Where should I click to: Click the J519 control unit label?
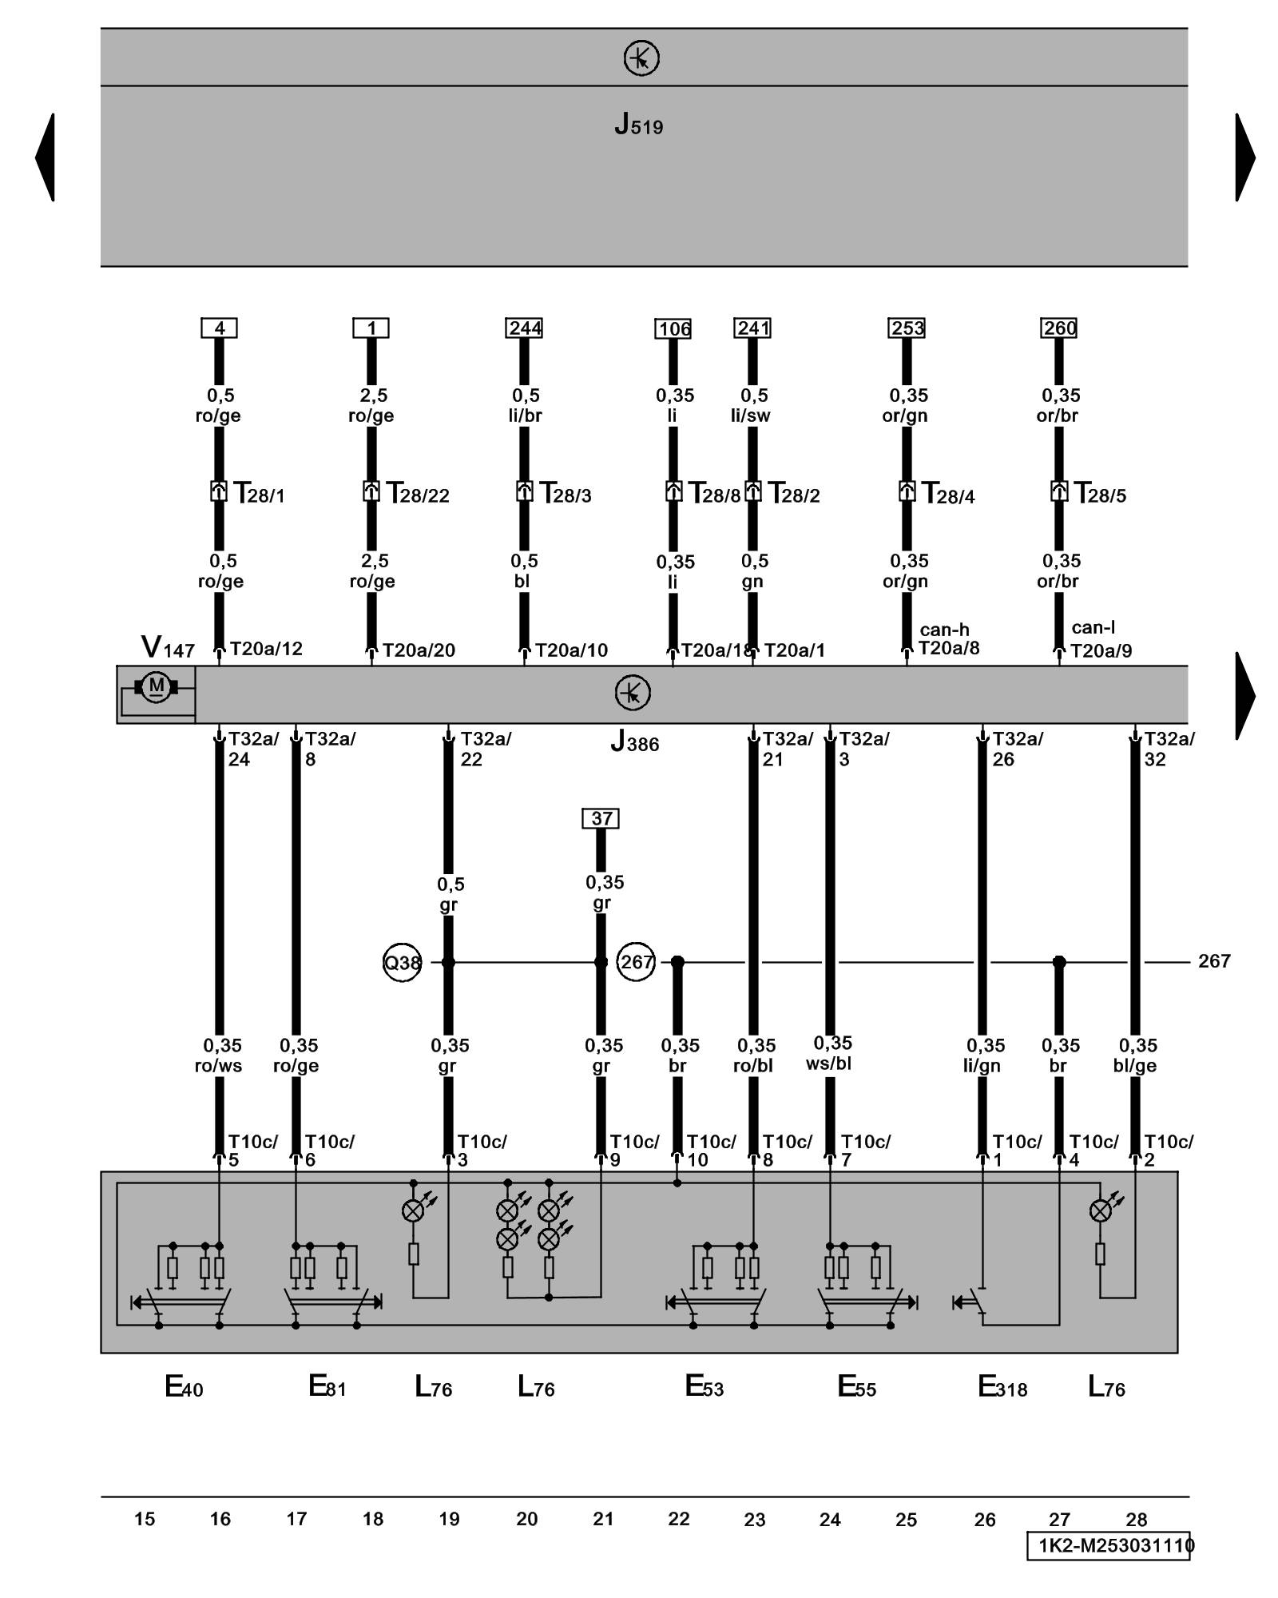pyautogui.click(x=638, y=125)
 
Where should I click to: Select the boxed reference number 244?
pyautogui.click(x=524, y=328)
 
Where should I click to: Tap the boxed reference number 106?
pyautogui.click(x=674, y=328)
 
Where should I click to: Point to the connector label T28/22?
pyautogui.click(x=418, y=494)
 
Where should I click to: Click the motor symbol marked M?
pyautogui.click(x=157, y=686)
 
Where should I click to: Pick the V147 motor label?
pyautogui.click(x=168, y=647)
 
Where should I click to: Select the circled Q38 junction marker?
pyautogui.click(x=402, y=963)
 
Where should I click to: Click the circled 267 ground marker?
pyautogui.click(x=636, y=962)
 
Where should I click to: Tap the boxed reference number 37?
pyautogui.click(x=601, y=818)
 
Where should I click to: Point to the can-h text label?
pyautogui.click(x=944, y=630)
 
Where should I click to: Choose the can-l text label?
pyautogui.click(x=1093, y=628)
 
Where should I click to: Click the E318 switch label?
pyautogui.click(x=1002, y=1387)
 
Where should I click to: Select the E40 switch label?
pyautogui.click(x=184, y=1387)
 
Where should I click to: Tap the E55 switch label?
pyautogui.click(x=856, y=1387)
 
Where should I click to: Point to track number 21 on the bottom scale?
pyautogui.click(x=603, y=1519)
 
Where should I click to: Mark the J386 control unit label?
pyautogui.click(x=634, y=742)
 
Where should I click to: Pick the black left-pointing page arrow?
pyautogui.click(x=46, y=157)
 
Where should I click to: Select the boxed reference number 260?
pyautogui.click(x=1058, y=328)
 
